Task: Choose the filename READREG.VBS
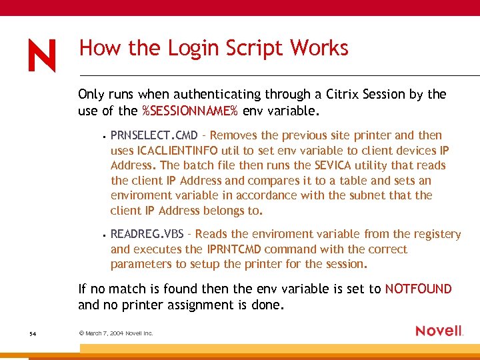(x=147, y=234)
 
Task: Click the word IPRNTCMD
(x=240, y=249)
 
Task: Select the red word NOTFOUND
(x=418, y=289)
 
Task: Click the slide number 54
(x=33, y=333)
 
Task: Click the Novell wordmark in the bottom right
(x=439, y=331)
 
